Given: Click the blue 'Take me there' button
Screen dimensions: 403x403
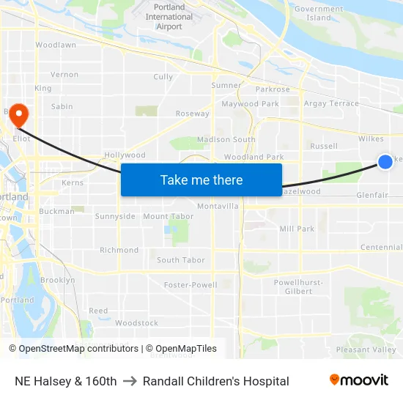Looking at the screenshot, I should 202,180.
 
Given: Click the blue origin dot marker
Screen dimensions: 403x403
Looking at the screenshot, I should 385,162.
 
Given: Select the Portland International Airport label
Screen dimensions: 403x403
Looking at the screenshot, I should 169,17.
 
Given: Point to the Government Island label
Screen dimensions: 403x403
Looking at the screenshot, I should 319,13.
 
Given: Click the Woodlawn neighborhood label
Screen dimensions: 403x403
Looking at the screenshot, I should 56,45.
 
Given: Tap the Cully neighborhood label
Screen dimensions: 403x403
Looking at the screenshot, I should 163,77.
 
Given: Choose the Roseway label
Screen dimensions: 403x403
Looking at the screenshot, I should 193,114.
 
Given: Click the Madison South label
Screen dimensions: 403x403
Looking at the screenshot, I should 226,139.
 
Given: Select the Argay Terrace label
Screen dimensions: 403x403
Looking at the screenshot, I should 331,103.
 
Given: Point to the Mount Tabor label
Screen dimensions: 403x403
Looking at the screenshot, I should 168,216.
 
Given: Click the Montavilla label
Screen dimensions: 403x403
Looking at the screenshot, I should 218,206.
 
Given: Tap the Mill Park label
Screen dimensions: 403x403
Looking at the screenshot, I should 297,229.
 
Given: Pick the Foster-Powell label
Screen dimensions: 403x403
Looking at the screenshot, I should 191,284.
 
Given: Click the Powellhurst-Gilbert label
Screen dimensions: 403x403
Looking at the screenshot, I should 293,286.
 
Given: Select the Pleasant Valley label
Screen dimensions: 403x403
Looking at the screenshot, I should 366,350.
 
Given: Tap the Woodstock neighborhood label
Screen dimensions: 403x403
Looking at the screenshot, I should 136,322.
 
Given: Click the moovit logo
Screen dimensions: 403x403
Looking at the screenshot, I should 358,380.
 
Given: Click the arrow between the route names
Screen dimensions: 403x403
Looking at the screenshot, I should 130,381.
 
